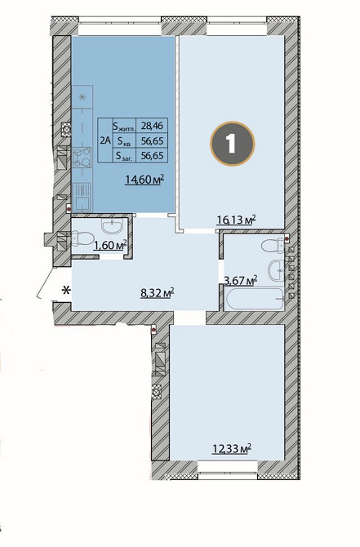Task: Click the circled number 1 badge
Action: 233,143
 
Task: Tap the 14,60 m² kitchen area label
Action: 144,180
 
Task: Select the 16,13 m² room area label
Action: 237,220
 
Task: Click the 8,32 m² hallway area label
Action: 157,293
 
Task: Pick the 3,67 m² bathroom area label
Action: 241,281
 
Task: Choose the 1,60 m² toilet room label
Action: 109,245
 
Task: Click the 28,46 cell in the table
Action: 152,125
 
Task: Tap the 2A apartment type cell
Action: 105,140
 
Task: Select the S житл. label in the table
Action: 124,126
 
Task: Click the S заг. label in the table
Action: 125,156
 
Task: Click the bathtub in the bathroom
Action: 255,298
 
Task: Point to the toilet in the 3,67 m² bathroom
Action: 273,246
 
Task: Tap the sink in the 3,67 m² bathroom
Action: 277,270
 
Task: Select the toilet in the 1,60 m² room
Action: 82,239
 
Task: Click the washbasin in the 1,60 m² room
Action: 112,226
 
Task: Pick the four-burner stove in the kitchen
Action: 82,158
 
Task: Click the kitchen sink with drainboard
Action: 82,198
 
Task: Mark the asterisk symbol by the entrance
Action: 66,290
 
